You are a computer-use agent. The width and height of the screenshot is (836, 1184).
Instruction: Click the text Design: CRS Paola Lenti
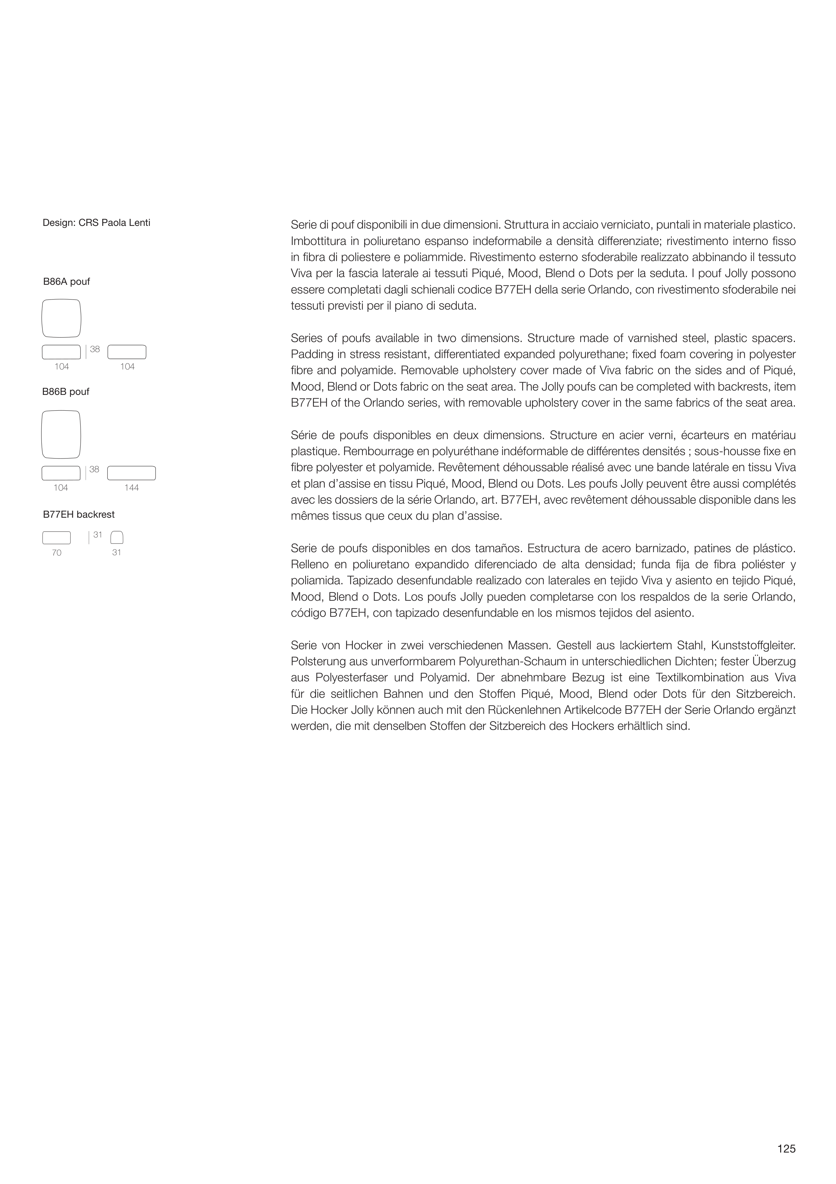pyautogui.click(x=96, y=223)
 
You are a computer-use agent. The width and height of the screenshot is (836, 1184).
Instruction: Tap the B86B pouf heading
pyautogui.click(x=66, y=392)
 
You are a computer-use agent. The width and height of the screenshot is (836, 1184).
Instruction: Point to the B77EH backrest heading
pyautogui.click(x=79, y=515)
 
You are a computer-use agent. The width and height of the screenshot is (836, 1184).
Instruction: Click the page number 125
pyautogui.click(x=787, y=1149)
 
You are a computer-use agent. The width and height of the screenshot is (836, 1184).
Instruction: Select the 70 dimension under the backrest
pyautogui.click(x=57, y=553)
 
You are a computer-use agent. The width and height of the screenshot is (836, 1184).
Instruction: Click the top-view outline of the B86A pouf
pyautogui.click(x=61, y=318)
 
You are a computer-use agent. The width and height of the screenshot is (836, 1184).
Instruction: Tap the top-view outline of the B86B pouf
pyautogui.click(x=61, y=434)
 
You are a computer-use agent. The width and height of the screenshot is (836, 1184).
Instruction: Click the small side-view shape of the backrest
pyautogui.click(x=117, y=538)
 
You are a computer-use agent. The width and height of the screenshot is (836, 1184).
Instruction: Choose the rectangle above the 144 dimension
pyautogui.click(x=131, y=473)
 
